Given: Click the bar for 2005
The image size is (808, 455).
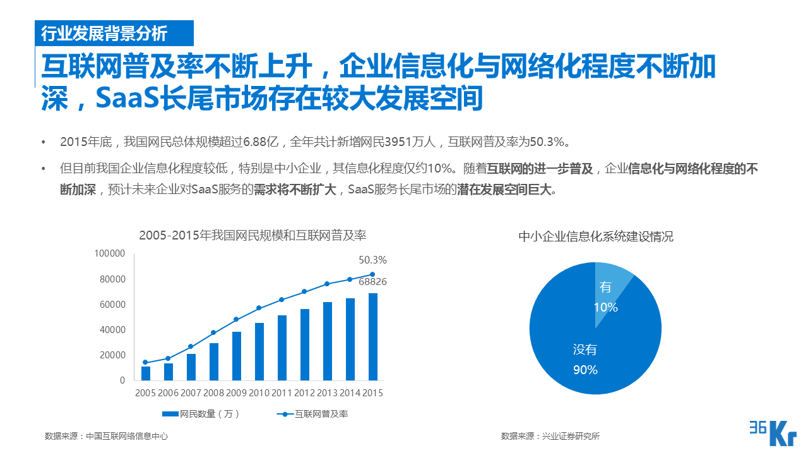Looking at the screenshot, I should [x=146, y=373].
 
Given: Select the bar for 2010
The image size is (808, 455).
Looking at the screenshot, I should [x=259, y=352].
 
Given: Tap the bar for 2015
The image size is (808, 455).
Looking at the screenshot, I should [x=373, y=337].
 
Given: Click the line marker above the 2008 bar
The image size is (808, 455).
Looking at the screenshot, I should [x=214, y=332].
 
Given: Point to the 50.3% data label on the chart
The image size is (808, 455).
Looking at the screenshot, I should [x=372, y=260].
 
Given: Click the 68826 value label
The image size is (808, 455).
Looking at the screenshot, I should [x=372, y=282].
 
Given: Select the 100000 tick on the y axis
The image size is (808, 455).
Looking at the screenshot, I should [x=110, y=253].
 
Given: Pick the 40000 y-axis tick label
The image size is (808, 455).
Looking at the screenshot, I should [x=112, y=330].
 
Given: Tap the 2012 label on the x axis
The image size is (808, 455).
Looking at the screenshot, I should [x=304, y=393].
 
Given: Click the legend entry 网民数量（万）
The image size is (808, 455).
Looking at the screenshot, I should [x=201, y=415].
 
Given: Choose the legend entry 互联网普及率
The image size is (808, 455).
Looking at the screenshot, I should [x=313, y=415].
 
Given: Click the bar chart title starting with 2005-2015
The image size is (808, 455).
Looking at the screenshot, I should [x=252, y=236].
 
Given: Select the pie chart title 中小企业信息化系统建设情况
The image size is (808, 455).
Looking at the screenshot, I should [x=596, y=237].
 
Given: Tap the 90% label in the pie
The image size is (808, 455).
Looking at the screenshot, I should [x=585, y=370].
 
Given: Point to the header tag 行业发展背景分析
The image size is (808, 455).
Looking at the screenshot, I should [x=104, y=33].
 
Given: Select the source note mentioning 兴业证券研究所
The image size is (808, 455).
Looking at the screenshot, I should [x=550, y=436].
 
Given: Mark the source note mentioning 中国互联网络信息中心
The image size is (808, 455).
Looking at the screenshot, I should [x=107, y=436].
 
